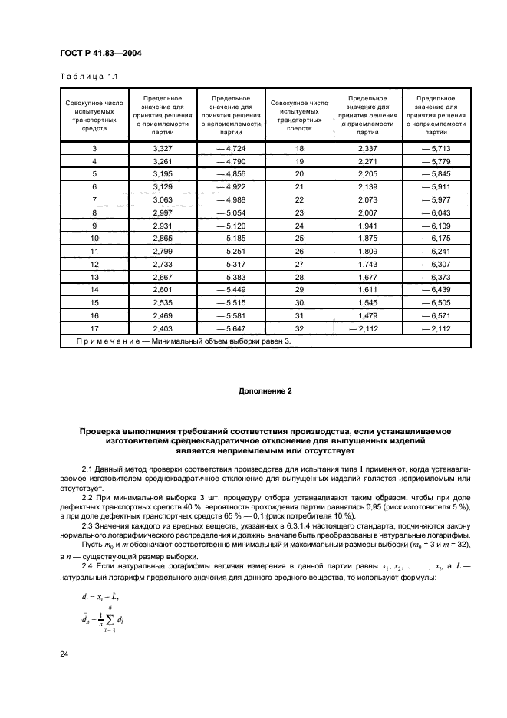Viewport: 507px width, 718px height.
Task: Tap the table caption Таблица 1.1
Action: [x=87, y=76]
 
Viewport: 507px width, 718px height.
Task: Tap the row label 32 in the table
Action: [x=299, y=330]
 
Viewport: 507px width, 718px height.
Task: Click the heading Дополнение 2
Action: [x=265, y=391]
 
